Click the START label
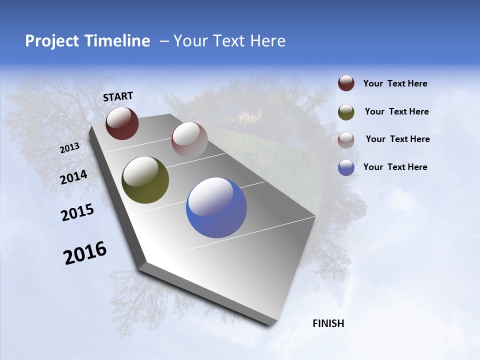pyautogui.click(x=118, y=96)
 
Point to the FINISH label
pyautogui.click(x=328, y=323)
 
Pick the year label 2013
pyautogui.click(x=69, y=148)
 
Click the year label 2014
pyautogui.click(x=73, y=177)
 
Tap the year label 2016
pyautogui.click(x=85, y=253)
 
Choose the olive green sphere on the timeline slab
pyautogui.click(x=145, y=180)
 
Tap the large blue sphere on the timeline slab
pyautogui.click(x=216, y=207)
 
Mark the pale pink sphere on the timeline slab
pyautogui.click(x=189, y=140)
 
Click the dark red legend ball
pyautogui.click(x=346, y=83)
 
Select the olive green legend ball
pyautogui.click(x=346, y=112)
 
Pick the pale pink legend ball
pyautogui.click(x=346, y=140)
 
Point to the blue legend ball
pyautogui.click(x=346, y=167)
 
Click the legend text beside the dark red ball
pyautogui.click(x=395, y=84)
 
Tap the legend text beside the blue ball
pyautogui.click(x=395, y=167)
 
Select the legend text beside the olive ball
pyautogui.click(x=396, y=111)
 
